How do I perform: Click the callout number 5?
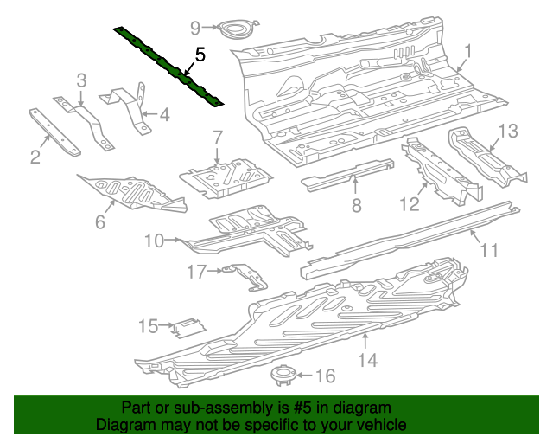(200, 55)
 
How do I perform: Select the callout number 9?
(195, 28)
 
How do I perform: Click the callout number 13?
(508, 131)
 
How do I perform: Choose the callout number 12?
(409, 204)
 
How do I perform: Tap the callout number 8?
(355, 205)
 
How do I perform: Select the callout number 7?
(218, 137)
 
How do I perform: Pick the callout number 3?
(81, 80)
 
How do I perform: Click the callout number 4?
(164, 113)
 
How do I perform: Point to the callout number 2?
(35, 157)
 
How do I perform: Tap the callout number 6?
(100, 222)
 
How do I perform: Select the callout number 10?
(154, 241)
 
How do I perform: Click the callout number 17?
(196, 273)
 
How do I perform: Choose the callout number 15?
(148, 326)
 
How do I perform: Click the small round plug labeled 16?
(281, 376)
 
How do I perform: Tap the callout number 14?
(369, 359)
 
